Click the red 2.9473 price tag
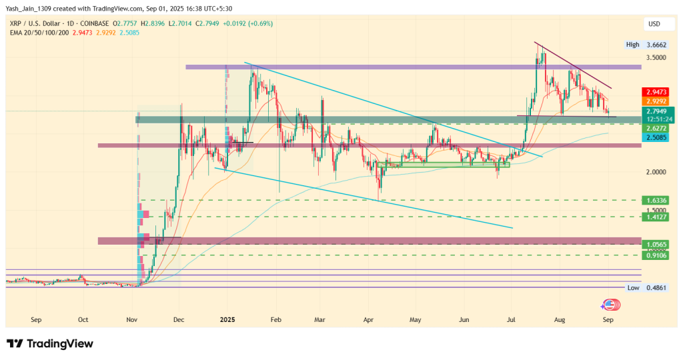655,92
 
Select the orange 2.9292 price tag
655,101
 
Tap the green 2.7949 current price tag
655,111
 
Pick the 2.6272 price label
655,127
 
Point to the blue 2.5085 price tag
655,137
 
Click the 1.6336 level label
655,200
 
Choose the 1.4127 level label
655,217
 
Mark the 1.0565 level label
655,244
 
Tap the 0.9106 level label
655,255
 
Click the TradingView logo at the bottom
50,344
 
